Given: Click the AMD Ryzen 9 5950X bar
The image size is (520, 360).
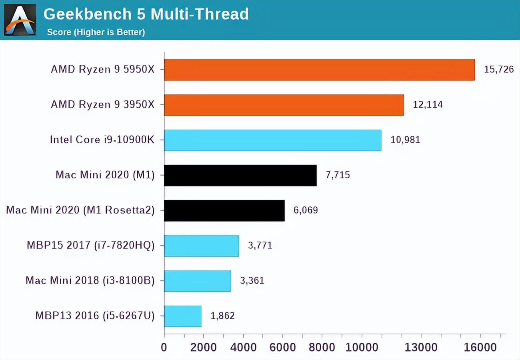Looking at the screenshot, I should tap(319, 70).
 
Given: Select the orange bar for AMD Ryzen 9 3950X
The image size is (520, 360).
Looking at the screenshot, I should tap(284, 105).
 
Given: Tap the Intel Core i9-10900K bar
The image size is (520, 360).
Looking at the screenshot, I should tap(272, 140).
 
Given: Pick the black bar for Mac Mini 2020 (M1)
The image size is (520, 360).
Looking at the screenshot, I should tap(240, 175).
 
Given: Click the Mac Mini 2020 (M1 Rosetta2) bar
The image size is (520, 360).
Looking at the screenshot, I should tap(224, 210).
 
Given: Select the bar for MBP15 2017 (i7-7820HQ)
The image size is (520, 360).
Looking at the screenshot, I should tap(201, 246).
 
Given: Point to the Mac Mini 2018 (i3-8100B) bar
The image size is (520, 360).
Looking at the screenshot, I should tap(197, 281).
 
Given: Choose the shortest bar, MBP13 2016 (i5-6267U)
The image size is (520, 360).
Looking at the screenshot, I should tap(182, 316).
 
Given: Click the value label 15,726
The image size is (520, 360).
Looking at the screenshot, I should tap(498, 70).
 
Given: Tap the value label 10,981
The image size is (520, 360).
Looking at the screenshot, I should tap(405, 140).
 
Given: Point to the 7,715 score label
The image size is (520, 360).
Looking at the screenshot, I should tap(338, 175).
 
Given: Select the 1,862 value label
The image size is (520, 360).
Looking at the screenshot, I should tap(222, 316).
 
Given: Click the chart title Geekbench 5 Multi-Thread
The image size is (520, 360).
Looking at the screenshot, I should tap(146, 14).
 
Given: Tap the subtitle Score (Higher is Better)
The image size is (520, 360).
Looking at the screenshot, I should tap(96, 32).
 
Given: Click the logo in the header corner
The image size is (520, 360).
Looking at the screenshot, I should tap(20, 20).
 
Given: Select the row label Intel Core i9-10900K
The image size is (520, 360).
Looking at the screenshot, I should tap(102, 140).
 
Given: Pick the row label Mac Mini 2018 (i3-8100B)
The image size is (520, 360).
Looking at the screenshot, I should tap(90, 281).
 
